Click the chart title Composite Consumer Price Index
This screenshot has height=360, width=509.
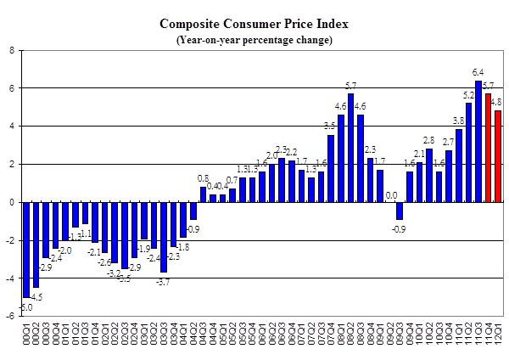(254, 23)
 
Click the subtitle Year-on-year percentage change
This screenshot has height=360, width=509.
(254, 40)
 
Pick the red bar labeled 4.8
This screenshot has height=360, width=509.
(498, 156)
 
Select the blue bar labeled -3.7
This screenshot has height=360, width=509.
(163, 237)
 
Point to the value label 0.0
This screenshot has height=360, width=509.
(391, 194)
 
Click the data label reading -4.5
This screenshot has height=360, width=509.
(37, 295)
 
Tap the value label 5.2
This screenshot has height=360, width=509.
(468, 95)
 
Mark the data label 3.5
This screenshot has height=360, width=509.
(330, 127)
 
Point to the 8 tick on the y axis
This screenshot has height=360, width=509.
(11, 50)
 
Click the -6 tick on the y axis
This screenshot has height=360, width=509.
(9, 316)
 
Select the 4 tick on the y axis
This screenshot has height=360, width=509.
(11, 126)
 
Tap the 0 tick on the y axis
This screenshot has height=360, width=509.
(11, 202)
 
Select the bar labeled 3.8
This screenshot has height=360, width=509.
(459, 166)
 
